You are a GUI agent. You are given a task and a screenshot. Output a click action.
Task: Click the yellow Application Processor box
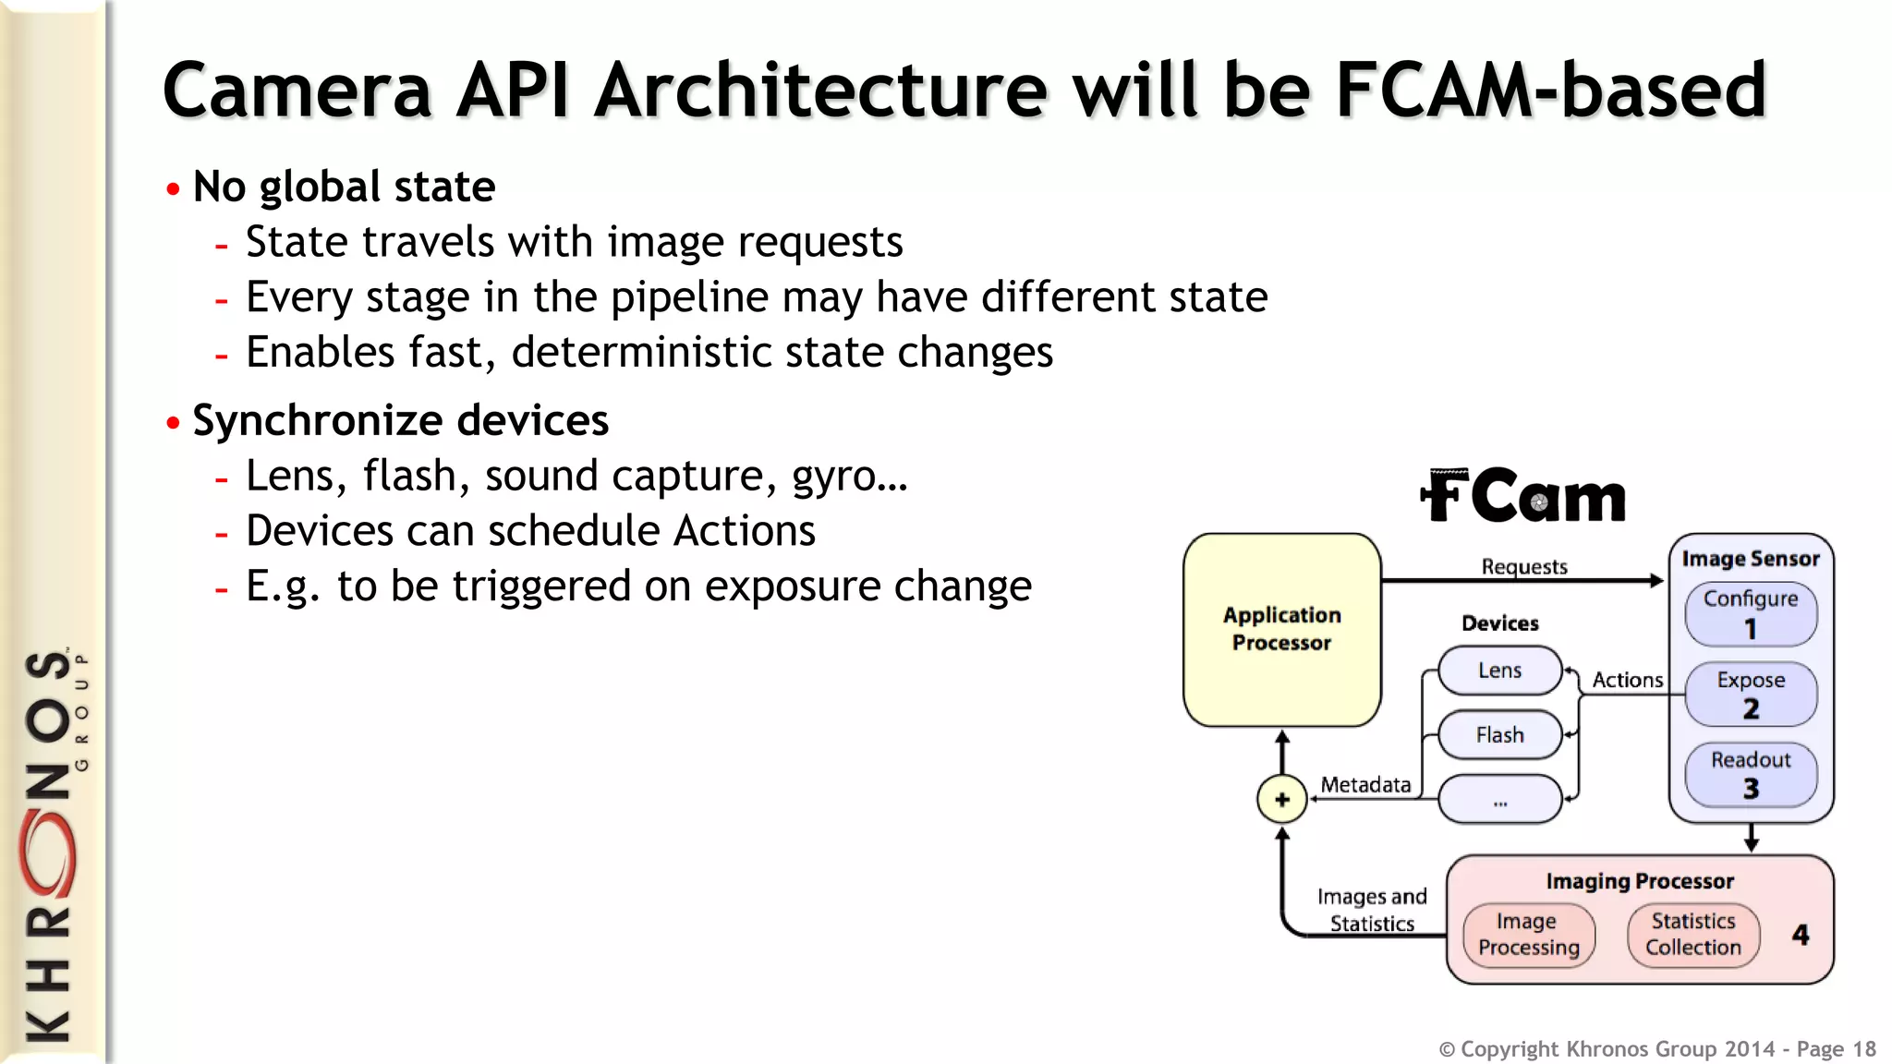click(1281, 629)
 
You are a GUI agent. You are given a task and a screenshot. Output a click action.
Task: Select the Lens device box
click(1499, 671)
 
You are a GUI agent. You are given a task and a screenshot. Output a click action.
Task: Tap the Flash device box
click(1499, 735)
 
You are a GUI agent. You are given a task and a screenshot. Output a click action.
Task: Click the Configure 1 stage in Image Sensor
click(1751, 613)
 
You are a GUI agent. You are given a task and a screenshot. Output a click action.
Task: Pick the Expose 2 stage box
click(1751, 694)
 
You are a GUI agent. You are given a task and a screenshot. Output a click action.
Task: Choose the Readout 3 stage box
click(1751, 774)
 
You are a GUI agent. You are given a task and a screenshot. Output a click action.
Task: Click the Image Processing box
click(1529, 935)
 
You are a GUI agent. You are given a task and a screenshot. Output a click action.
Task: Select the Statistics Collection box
click(1692, 935)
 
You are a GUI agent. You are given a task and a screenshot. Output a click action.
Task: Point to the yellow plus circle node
click(1281, 799)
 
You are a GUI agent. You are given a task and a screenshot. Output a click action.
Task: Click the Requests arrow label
click(1524, 566)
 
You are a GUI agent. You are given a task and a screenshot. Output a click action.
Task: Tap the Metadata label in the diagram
click(1365, 784)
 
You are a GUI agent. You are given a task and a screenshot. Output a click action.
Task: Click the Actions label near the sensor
click(1627, 680)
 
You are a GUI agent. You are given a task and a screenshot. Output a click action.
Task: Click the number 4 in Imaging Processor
click(1801, 935)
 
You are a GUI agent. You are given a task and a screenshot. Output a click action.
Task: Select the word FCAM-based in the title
click(1551, 90)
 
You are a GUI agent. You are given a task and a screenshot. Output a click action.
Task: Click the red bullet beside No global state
click(173, 189)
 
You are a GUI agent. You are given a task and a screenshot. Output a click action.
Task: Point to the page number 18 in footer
click(1864, 1049)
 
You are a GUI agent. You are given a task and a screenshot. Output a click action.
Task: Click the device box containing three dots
click(1499, 800)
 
